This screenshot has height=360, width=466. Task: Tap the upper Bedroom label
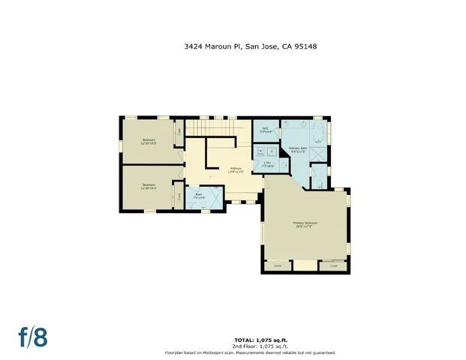(149, 141)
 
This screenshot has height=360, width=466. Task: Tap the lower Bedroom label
(149, 186)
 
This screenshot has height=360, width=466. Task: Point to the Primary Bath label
(298, 149)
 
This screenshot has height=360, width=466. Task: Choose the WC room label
(265, 129)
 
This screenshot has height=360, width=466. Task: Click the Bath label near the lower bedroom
(199, 196)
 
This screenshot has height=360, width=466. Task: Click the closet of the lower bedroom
(179, 196)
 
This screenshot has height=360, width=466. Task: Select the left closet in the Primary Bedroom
(278, 265)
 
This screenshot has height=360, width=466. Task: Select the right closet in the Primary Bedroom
(333, 265)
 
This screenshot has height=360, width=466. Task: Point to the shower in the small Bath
(214, 199)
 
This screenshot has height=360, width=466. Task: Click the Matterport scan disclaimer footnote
(251, 352)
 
